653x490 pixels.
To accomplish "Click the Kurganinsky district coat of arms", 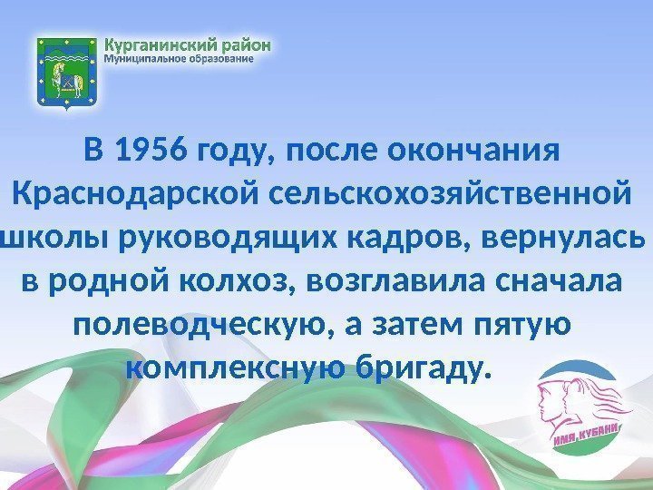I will tap(66, 73).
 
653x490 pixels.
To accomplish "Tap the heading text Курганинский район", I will tap(189, 43).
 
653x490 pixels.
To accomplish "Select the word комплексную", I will tap(237, 368).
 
